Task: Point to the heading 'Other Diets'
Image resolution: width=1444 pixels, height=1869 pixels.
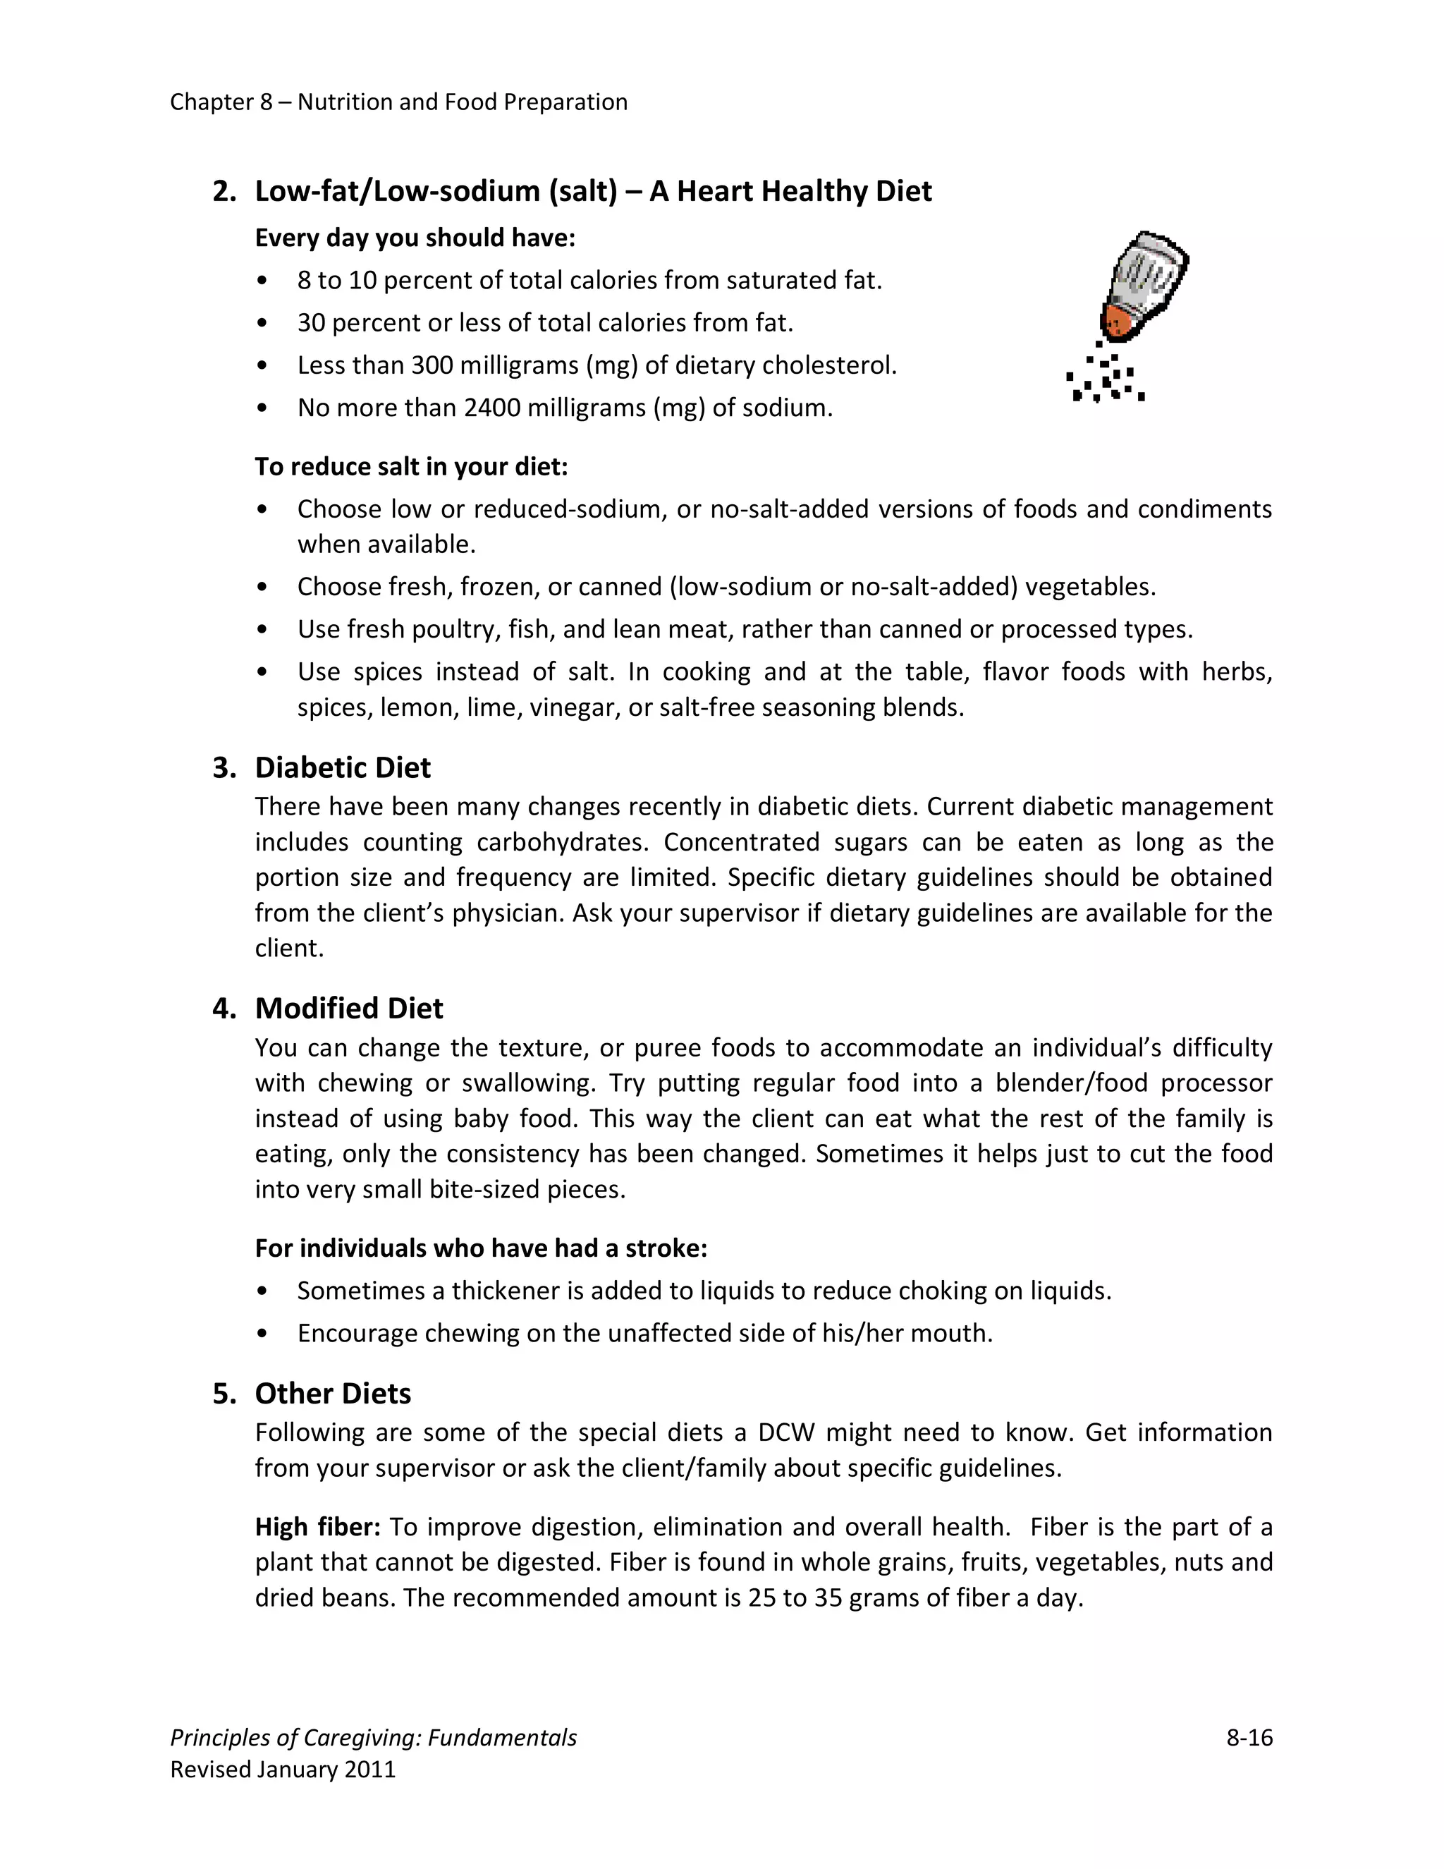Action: click(333, 1394)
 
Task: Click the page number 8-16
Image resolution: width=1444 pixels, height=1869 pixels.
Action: click(1249, 1738)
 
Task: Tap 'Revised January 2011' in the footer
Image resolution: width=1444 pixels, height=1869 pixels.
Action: click(283, 1770)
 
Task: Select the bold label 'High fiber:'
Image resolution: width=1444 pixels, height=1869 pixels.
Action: click(317, 1528)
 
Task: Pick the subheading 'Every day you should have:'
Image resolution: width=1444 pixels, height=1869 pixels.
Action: click(415, 238)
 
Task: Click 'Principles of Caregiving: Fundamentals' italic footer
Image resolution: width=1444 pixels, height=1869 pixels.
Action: click(373, 1738)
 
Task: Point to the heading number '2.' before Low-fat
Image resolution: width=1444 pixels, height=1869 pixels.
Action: click(224, 192)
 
